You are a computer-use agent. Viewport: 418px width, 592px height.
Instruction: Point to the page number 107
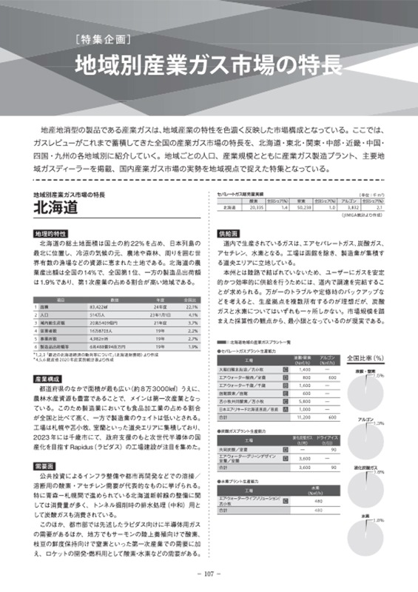coord(209,573)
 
